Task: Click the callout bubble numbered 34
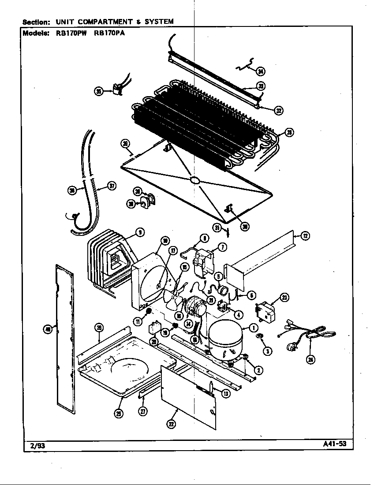(x=261, y=72)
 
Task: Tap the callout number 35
(x=99, y=91)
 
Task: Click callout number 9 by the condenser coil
(x=139, y=232)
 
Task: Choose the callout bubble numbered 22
(x=171, y=424)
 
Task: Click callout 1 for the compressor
(x=254, y=328)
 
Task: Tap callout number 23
(x=284, y=298)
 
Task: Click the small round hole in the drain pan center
(x=194, y=180)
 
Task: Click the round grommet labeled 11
(x=149, y=312)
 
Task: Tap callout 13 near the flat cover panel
(x=226, y=394)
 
